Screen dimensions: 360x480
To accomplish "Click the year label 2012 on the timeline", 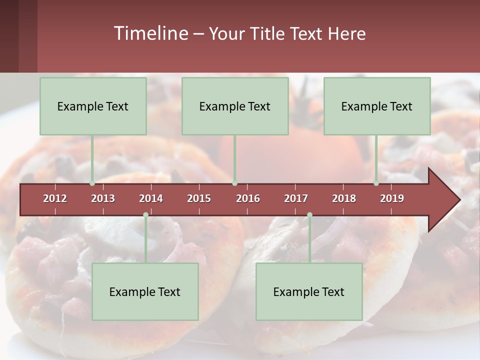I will tap(55, 198).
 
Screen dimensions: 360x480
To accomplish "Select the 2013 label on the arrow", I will tap(103, 198).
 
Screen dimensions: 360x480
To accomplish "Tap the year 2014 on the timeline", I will tap(151, 198).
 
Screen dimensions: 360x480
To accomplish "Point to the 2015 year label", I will tap(199, 198).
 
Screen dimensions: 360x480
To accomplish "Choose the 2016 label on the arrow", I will tap(248, 198).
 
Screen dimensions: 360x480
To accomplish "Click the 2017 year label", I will tap(296, 198).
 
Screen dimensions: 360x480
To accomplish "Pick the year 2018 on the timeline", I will tap(344, 198).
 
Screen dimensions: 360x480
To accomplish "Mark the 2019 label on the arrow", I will tap(392, 198).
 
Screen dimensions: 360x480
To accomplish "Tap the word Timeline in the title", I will tap(150, 33).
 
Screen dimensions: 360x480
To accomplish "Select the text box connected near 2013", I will tap(93, 106).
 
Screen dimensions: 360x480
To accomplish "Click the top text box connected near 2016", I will tap(235, 106).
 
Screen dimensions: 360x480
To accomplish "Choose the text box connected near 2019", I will tap(377, 106).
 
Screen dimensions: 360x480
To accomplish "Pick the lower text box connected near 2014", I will tap(145, 291).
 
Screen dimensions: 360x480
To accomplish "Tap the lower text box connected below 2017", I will tap(309, 291).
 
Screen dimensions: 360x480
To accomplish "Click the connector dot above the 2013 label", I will tap(92, 183).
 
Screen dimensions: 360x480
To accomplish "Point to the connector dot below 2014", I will tap(145, 215).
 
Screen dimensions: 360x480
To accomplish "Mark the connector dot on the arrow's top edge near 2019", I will tap(376, 183).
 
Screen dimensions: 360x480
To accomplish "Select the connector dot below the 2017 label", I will tap(309, 215).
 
